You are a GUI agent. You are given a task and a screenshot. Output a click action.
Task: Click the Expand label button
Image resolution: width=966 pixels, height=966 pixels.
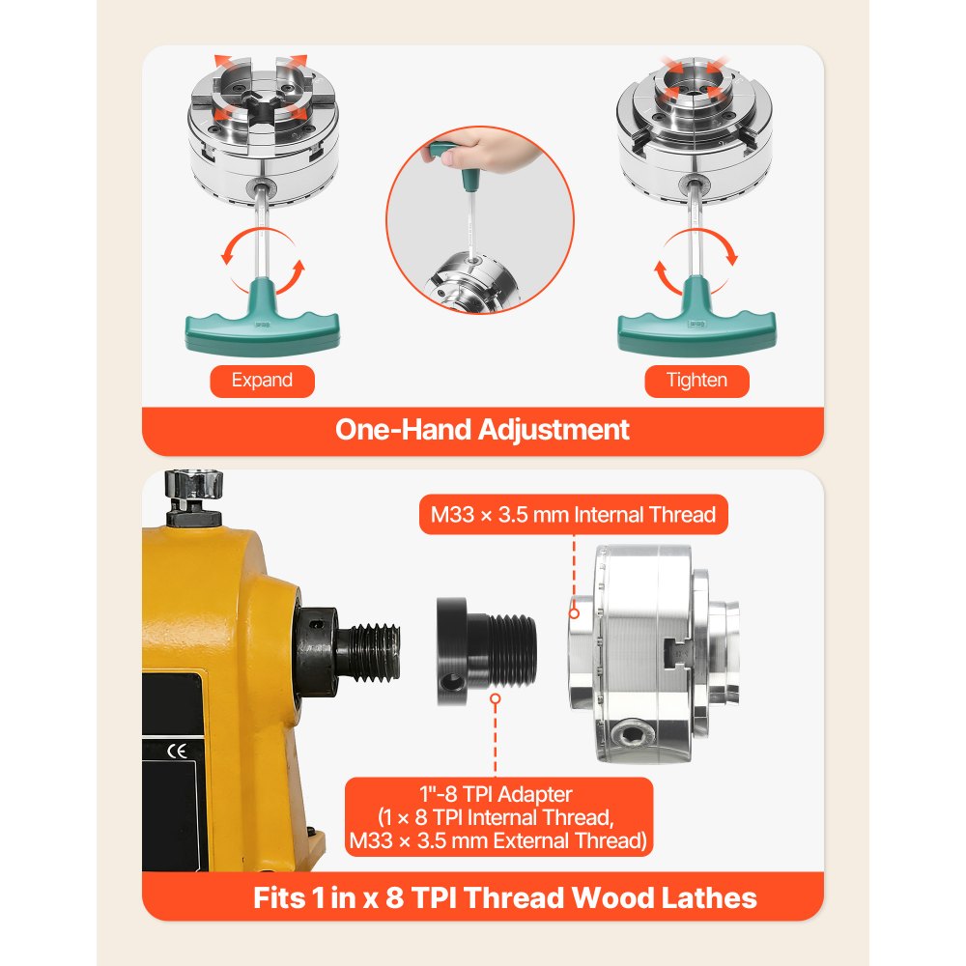[262, 380]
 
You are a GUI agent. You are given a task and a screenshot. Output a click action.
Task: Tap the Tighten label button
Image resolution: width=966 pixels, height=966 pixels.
[696, 380]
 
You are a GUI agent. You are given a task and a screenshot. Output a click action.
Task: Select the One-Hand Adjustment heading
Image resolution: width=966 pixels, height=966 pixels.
[482, 429]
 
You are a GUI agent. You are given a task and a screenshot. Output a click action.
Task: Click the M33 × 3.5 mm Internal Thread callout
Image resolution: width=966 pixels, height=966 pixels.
[574, 515]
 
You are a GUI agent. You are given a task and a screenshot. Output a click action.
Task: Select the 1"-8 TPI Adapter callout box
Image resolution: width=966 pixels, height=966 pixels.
[497, 817]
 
